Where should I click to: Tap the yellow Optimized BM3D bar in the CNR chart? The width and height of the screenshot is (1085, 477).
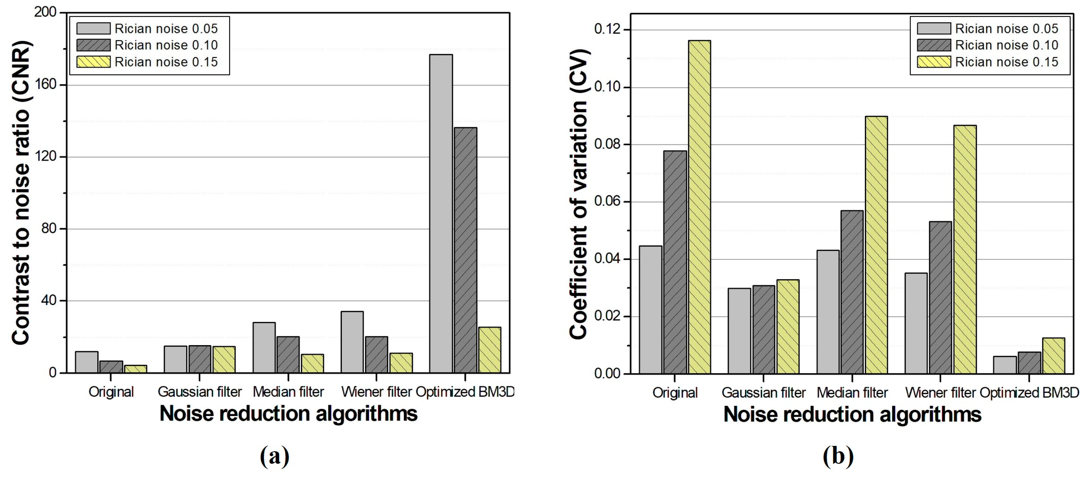pyautogui.click(x=490, y=350)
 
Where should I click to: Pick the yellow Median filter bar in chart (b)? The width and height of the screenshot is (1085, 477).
pyautogui.click(x=876, y=245)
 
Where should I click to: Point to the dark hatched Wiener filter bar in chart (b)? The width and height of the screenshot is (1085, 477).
pyautogui.click(x=940, y=297)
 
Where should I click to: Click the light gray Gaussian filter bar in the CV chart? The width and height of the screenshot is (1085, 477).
pyautogui.click(x=739, y=331)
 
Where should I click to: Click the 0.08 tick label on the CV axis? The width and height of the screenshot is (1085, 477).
pyautogui.click(x=607, y=144)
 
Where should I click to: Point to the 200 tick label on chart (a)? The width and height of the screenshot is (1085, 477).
pyautogui.click(x=45, y=12)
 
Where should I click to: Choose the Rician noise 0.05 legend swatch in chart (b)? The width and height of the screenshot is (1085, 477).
pyautogui.click(x=933, y=29)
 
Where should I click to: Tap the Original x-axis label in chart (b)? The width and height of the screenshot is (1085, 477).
pyautogui.click(x=675, y=393)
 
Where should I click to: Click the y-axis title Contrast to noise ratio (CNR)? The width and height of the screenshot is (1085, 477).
pyautogui.click(x=21, y=192)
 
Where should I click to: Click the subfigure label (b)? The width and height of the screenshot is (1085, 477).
pyautogui.click(x=838, y=456)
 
